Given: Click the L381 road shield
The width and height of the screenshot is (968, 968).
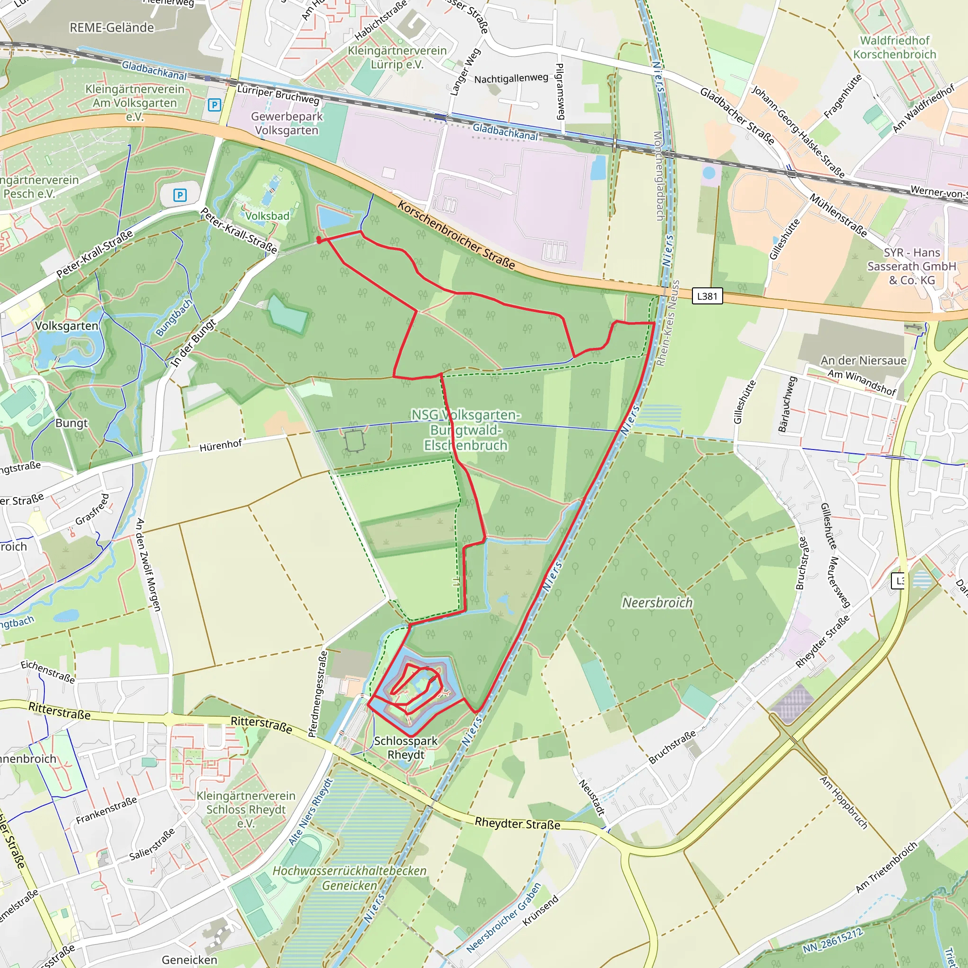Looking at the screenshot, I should pos(707,296).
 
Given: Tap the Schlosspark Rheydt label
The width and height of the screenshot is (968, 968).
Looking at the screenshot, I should pos(406,748).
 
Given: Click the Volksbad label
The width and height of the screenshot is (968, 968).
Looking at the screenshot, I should pos(267,216).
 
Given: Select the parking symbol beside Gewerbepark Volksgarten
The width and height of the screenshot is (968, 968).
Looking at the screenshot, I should pos(214,105).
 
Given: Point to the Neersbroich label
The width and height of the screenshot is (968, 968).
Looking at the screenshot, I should pos(657,602).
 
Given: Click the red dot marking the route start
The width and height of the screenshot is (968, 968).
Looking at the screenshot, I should pos(319,240).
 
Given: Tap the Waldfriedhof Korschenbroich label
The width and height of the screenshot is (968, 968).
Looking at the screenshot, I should pos(894,47).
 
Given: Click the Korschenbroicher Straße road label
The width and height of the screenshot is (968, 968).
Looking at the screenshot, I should pos(456,235).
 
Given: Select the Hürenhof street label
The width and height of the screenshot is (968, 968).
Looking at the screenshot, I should pos(220,445).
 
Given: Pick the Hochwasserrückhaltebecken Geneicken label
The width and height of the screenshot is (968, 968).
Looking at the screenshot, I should pos(349,878).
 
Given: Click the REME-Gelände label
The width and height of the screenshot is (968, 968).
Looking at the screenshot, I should pos(111,27).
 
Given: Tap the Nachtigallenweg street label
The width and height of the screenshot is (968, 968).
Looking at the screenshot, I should pos(511,78).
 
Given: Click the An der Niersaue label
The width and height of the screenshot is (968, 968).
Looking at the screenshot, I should pos(863,360).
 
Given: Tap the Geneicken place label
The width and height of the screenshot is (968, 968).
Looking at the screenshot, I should pos(190,959).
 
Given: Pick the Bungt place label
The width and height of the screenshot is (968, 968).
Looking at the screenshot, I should pos(71,423).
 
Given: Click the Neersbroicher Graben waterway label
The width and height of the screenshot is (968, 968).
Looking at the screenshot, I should pos(504,917).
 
